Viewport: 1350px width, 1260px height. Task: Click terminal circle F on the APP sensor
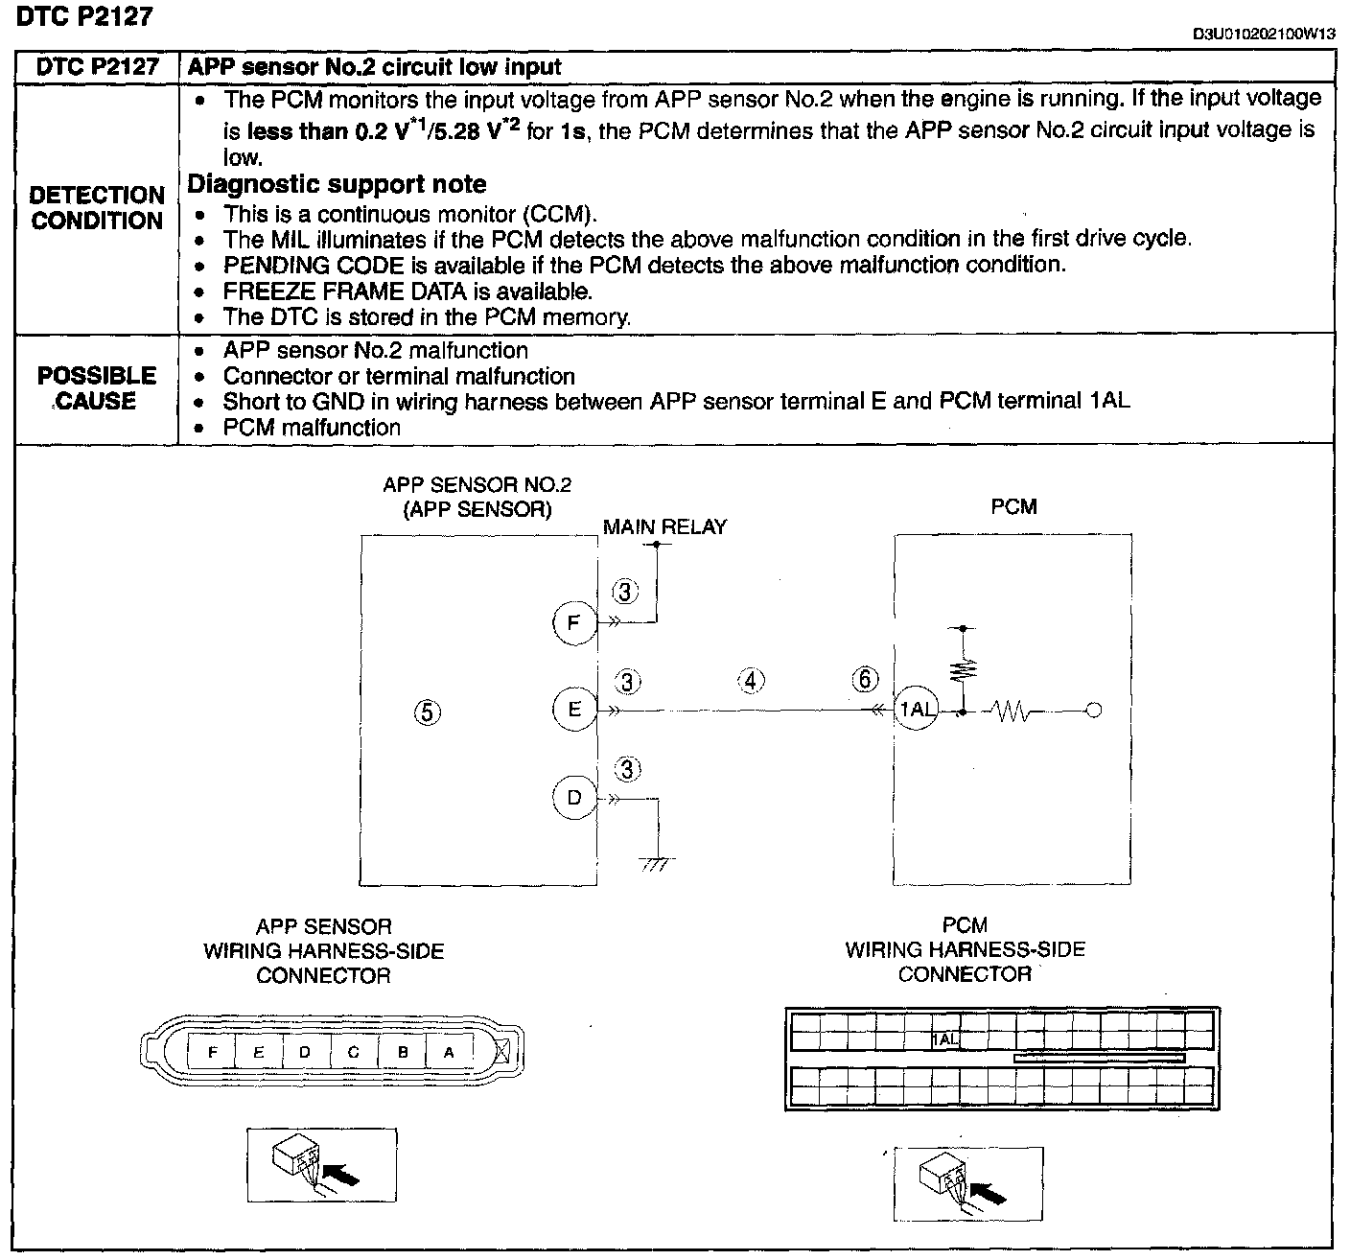pos(573,622)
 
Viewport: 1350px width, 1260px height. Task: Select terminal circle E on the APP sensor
pos(574,710)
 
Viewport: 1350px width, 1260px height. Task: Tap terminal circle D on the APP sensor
pos(573,798)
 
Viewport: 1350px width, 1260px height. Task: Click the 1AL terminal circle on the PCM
pos(917,710)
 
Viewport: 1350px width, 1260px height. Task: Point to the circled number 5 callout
pos(428,712)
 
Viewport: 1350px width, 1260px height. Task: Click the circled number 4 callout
pos(751,681)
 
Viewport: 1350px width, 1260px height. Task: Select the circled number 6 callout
pos(864,680)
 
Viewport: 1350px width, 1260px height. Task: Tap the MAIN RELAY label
pos(664,526)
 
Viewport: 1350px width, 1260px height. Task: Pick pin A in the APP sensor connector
pos(448,1052)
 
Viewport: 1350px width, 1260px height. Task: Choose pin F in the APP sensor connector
pos(213,1052)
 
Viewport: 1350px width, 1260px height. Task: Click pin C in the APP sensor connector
pos(353,1052)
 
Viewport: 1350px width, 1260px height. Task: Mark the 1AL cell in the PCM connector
pos(945,1038)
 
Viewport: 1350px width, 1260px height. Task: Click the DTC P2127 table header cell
pos(97,67)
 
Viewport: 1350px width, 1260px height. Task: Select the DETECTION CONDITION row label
pos(97,208)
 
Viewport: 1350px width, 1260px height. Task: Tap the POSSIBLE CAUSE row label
pos(97,388)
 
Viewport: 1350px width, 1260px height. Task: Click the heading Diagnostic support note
pos(337,184)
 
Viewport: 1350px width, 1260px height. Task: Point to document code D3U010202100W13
pos(1264,34)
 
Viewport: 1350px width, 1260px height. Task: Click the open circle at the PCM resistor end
pos(1094,711)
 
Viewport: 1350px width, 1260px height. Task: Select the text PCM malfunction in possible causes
pos(312,428)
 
